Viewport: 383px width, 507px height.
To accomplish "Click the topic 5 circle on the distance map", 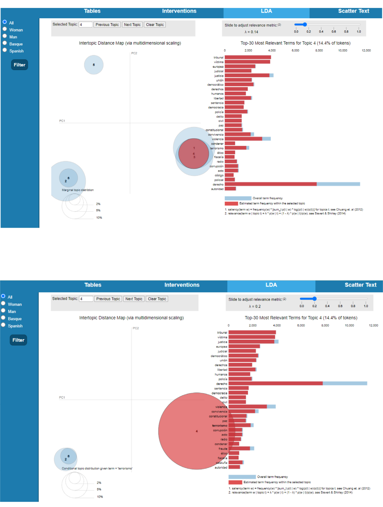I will pyautogui.click(x=94, y=65).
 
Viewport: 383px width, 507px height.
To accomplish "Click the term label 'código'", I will pyautogui.click(x=219, y=175).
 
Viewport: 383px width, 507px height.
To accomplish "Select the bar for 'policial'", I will pyautogui.click(x=230, y=180).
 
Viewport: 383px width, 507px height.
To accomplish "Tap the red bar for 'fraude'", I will pyautogui.click(x=239, y=448).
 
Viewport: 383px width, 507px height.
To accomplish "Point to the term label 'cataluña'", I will pyautogui.click(x=222, y=463).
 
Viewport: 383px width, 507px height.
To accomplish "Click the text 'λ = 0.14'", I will pyautogui.click(x=251, y=32).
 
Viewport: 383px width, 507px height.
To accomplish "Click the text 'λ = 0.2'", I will pyautogui.click(x=255, y=306).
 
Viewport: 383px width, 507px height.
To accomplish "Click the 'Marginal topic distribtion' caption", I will pyautogui.click(x=78, y=190).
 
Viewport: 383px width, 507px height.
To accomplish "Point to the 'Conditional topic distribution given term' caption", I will pyautogui.click(x=97, y=469).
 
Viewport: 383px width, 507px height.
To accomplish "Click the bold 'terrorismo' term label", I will pyautogui.click(x=220, y=426).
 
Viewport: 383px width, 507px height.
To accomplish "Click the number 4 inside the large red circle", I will pyautogui.click(x=197, y=431).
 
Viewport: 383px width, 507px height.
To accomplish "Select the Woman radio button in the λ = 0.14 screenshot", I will pyautogui.click(x=5, y=29).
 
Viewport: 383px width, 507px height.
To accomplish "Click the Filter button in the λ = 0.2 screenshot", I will pyautogui.click(x=19, y=340).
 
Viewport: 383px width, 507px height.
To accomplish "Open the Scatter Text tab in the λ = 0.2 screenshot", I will pyautogui.click(x=360, y=285).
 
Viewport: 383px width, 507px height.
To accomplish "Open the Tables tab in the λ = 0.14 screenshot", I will pyautogui.click(x=92, y=11).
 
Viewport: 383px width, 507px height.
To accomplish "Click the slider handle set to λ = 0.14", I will pyautogui.click(x=305, y=25).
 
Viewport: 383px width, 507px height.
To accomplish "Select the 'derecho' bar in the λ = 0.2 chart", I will pyautogui.click(x=275, y=383).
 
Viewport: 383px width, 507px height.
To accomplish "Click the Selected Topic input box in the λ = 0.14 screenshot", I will pyautogui.click(x=85, y=25).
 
